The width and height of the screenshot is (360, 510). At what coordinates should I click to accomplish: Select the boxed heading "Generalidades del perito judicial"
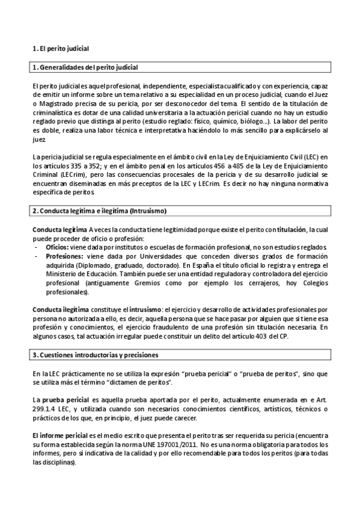pos(90,67)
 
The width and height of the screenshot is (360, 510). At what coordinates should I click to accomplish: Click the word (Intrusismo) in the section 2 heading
pos(145,211)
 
